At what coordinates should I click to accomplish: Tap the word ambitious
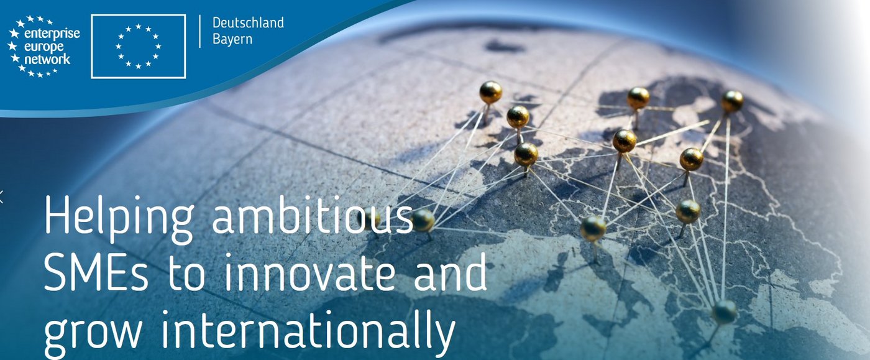pyautogui.click(x=312, y=215)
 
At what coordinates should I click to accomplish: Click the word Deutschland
pyautogui.click(x=248, y=22)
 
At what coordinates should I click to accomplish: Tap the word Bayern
pyautogui.click(x=232, y=40)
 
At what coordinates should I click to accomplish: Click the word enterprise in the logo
pyautogui.click(x=52, y=34)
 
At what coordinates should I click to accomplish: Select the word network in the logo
pyautogui.click(x=47, y=59)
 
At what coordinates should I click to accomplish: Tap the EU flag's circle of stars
pyautogui.click(x=138, y=47)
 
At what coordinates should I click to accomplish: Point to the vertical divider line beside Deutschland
pyautogui.click(x=200, y=32)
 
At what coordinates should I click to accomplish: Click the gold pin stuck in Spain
pyautogui.click(x=423, y=221)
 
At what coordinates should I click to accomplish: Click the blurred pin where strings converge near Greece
pyautogui.click(x=724, y=312)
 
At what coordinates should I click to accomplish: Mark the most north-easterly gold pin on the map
pyautogui.click(x=733, y=101)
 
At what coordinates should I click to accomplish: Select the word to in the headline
pyautogui.click(x=186, y=274)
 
